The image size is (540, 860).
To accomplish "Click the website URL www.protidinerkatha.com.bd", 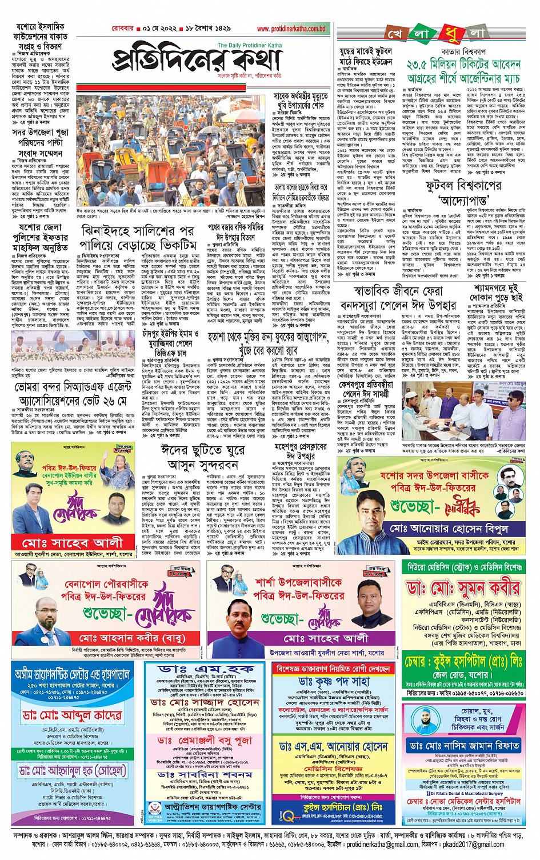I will (291, 29).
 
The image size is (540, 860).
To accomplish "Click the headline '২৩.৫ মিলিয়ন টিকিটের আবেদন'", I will (463, 65).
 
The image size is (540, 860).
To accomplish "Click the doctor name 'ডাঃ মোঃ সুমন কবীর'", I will (463, 588).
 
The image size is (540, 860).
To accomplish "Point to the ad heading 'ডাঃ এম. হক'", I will (206, 669).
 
